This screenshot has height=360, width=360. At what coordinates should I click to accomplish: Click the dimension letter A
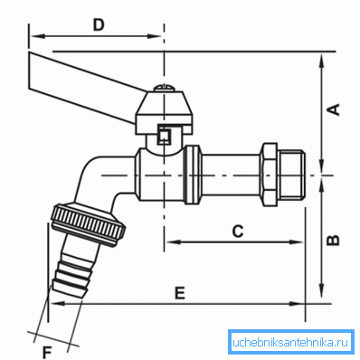[x=334, y=109]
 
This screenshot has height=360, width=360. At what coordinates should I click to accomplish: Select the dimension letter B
[x=334, y=241]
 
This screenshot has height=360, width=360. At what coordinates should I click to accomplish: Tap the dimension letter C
[x=238, y=232]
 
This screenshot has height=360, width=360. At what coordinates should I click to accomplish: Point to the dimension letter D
[x=99, y=25]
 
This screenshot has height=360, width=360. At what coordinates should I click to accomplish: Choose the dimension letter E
[x=180, y=293]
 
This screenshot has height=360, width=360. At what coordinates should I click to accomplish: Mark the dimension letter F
[x=47, y=353]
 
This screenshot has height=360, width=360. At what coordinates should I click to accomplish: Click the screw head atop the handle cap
[x=164, y=88]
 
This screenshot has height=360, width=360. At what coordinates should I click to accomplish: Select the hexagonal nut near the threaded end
[x=269, y=175]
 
